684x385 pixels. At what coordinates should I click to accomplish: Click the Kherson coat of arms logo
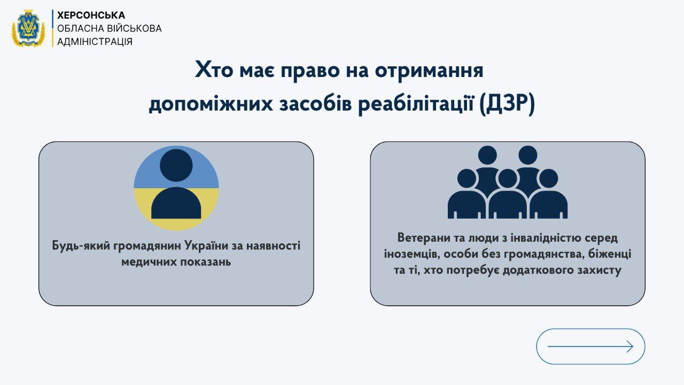[x=28, y=28]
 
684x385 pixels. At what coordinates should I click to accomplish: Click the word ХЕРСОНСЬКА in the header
[x=91, y=16]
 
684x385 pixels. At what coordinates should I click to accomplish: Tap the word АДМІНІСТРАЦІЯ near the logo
[x=95, y=41]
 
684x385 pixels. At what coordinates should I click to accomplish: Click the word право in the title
[x=332, y=70]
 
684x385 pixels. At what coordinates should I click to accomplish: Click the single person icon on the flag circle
[x=176, y=188]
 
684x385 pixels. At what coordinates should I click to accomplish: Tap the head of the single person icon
[x=176, y=165]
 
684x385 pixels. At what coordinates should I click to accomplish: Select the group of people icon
[x=507, y=182]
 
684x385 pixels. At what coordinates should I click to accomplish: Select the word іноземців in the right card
[x=410, y=254]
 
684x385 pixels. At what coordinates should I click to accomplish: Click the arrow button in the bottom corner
[x=590, y=346]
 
